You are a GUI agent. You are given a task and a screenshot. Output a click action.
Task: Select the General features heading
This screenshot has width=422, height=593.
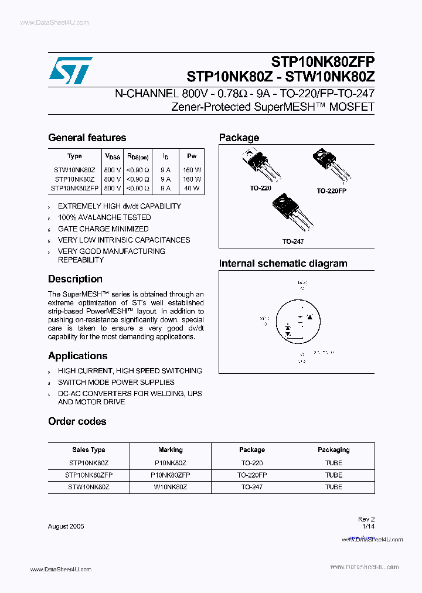[x=87, y=138]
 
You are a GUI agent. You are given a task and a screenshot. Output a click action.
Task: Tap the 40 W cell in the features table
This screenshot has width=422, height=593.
[x=192, y=189]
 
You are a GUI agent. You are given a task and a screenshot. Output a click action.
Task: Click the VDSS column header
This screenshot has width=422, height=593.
[x=113, y=156]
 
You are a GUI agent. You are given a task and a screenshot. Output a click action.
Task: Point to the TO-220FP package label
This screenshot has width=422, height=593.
[x=332, y=191]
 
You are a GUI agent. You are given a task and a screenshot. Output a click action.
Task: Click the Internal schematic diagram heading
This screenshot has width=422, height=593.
[x=283, y=264]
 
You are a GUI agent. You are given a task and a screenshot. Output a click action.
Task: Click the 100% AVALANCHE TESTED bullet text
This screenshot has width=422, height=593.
[x=104, y=217]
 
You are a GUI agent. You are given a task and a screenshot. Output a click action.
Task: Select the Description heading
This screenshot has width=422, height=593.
[x=75, y=279]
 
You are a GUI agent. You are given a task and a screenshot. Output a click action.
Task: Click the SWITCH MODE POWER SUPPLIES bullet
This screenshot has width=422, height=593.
[x=116, y=382]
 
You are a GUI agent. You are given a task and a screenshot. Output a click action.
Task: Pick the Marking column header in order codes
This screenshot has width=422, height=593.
[x=171, y=450]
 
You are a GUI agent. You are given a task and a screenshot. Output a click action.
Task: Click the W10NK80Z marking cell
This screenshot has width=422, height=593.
[x=171, y=487]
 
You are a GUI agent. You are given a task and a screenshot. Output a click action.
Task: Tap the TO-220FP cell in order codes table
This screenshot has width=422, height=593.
[x=252, y=475]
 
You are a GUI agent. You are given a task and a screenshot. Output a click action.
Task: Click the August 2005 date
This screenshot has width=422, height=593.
[x=66, y=526]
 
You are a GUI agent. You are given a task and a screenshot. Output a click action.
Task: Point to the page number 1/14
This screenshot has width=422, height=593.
[x=368, y=526]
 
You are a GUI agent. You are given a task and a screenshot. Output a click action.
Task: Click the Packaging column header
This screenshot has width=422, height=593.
[x=333, y=450]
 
